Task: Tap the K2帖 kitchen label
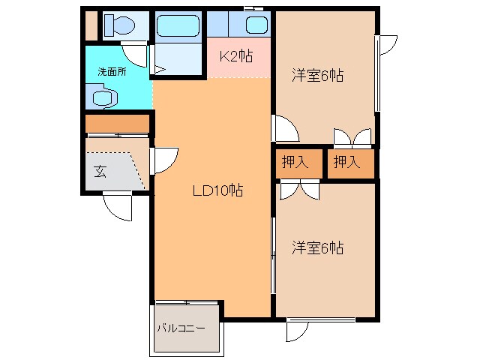click(x=235, y=55)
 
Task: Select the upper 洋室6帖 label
click(x=317, y=75)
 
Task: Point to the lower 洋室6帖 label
click(x=317, y=248)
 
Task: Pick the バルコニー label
click(x=181, y=328)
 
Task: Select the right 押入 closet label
click(x=346, y=161)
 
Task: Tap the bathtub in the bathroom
click(x=177, y=27)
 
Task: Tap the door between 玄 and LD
click(x=163, y=160)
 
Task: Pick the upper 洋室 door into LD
click(x=285, y=129)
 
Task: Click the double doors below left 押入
click(x=299, y=190)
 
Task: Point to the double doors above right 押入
click(x=352, y=136)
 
